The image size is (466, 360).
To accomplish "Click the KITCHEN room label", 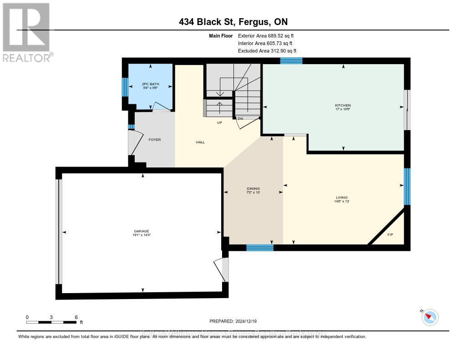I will [343, 106].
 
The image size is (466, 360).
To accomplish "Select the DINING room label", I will [253, 188].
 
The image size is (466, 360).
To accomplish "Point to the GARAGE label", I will [142, 231].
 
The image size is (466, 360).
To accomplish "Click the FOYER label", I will [154, 140].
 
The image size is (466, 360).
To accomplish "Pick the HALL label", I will [200, 142].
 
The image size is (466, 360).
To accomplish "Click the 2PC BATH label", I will [149, 84].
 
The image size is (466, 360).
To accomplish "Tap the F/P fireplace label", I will [390, 235].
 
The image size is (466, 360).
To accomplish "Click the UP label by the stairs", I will [219, 122].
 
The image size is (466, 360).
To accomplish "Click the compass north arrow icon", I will [430, 317].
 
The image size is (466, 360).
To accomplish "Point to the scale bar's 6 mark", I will [76, 317].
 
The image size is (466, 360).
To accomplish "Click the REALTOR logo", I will [27, 32].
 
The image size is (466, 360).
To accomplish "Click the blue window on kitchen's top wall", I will [291, 61].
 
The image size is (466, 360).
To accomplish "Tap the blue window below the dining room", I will [260, 248].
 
